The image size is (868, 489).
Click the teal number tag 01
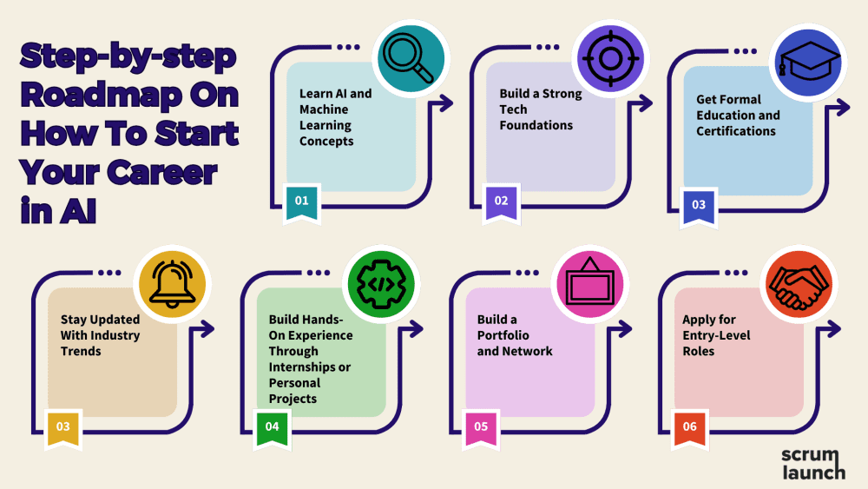click(302, 202)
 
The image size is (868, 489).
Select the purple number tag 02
click(501, 202)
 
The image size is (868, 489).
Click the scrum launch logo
click(812, 464)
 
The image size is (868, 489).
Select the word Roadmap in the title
click(88, 96)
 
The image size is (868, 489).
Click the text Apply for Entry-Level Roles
click(716, 335)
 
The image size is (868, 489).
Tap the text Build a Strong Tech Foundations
click(540, 109)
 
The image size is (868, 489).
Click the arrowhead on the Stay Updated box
click(208, 328)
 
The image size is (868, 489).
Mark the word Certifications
click(735, 131)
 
